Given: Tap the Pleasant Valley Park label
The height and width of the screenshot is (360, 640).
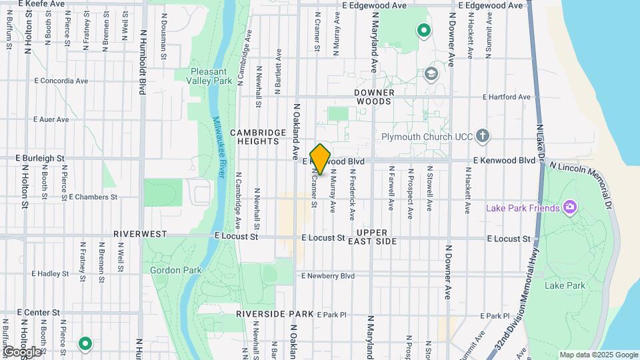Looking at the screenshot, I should click(211, 76).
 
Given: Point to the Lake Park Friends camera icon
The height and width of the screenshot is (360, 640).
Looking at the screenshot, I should click(569, 207).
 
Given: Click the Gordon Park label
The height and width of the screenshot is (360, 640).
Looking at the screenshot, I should click(166, 270).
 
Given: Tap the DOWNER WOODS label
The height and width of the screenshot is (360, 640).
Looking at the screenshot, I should click(375, 97).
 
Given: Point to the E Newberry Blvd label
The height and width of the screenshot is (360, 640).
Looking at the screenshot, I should click(328, 275).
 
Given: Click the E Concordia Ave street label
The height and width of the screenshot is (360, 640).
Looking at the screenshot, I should click(61, 81).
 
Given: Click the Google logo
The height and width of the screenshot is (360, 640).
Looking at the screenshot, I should click(22, 351).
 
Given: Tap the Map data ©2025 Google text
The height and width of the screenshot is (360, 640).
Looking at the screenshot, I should click(598, 355).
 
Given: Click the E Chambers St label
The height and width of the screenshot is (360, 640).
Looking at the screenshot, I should click(93, 197).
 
